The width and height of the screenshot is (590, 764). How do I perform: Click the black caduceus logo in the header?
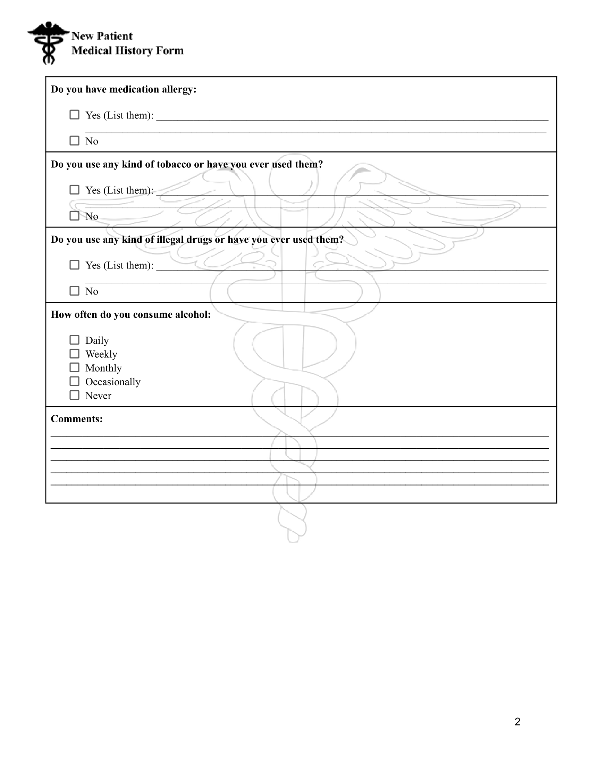point(48,43)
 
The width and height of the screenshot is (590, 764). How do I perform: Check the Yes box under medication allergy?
point(75,115)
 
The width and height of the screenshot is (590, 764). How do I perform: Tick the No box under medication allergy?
point(75,141)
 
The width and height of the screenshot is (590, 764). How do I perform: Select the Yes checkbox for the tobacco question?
point(75,190)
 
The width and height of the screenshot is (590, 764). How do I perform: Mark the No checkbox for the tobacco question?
point(75,216)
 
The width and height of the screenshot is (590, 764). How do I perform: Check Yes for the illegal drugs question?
point(75,265)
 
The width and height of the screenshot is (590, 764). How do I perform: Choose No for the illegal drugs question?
point(75,291)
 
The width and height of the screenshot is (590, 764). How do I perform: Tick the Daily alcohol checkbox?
point(75,340)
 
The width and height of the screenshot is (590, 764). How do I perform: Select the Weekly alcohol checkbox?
point(75,354)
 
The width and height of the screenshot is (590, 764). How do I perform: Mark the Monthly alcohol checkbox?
point(75,367)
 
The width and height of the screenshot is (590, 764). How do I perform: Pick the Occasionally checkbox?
point(75,381)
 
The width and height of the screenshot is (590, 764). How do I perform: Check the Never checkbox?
point(75,395)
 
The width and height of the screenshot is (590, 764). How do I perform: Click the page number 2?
point(517,722)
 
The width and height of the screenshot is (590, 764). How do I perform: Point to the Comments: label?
point(77,419)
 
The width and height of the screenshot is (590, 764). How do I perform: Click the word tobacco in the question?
point(174,164)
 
